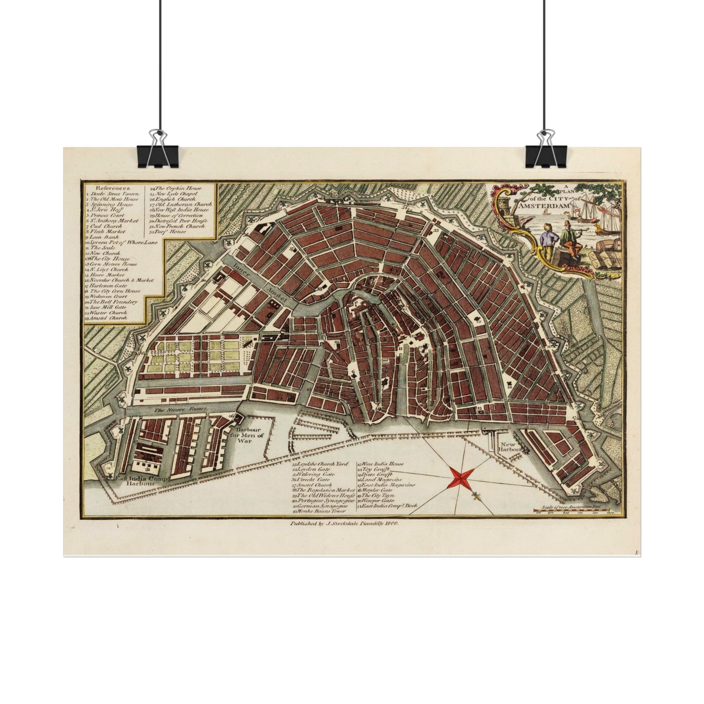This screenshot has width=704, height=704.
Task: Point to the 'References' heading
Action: pyautogui.click(x=113, y=188)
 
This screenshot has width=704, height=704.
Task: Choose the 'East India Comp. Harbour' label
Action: pyautogui.click(x=142, y=481)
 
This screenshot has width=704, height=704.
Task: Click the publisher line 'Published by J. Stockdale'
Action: pyautogui.click(x=344, y=523)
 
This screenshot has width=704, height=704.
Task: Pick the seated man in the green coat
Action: pyautogui.click(x=568, y=238)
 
